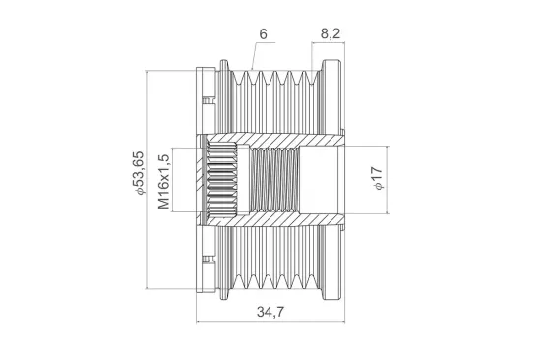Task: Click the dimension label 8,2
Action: [x=331, y=33]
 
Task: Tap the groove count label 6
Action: [x=263, y=34]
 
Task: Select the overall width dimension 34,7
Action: [x=270, y=312]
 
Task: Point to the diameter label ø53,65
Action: [x=138, y=172]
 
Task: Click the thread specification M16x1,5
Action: [x=164, y=182]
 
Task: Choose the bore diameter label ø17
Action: [x=378, y=178]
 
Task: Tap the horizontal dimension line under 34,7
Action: [x=270, y=322]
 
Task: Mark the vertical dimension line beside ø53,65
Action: [x=147, y=179]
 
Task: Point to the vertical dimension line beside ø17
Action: [x=388, y=180]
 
